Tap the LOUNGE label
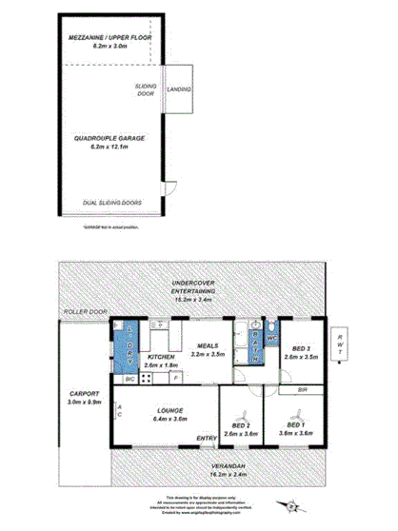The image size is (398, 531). click(x=165, y=411)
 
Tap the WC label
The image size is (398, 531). click(x=271, y=337)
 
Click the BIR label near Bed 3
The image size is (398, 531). click(x=301, y=389)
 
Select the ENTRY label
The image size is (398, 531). click(x=206, y=439)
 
